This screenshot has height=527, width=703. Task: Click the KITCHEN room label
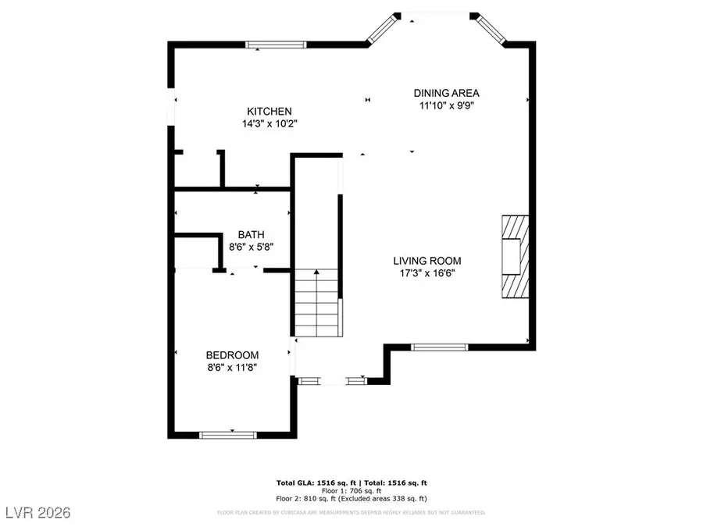[269, 111]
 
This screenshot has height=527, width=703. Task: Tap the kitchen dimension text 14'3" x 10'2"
[269, 123]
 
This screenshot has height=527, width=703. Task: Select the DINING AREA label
[446, 93]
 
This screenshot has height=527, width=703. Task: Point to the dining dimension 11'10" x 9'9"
[446, 105]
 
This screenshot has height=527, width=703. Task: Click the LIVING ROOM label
[426, 261]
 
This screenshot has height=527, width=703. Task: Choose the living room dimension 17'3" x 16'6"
[426, 273]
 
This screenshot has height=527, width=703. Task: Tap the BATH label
[251, 234]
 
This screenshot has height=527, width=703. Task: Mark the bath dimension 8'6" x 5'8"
[251, 247]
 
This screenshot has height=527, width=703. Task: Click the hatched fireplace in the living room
[514, 256]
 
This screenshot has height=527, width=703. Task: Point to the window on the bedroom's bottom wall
[227, 433]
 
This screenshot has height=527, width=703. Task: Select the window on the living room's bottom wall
[440, 347]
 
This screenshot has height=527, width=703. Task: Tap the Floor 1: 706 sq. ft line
[351, 490]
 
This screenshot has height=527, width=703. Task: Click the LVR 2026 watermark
[37, 512]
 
